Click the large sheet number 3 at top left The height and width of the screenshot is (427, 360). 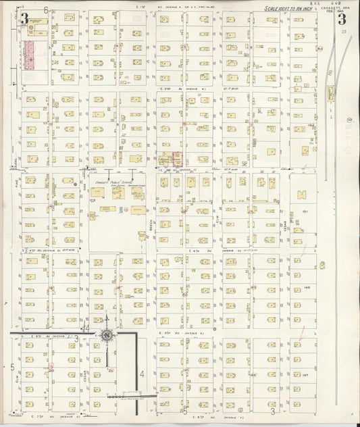click(24, 18)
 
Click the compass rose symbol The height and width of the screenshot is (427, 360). click(107, 335)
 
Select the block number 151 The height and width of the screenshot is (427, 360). click(305, 211)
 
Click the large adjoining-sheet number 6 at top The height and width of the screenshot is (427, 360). click(46, 10)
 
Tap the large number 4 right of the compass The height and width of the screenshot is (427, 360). click(142, 374)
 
